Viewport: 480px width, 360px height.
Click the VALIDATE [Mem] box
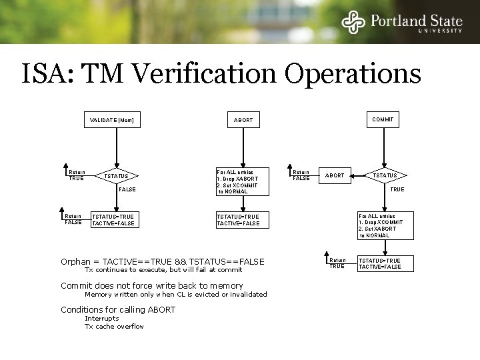(x=111, y=121)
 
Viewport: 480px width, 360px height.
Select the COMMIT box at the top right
(x=383, y=120)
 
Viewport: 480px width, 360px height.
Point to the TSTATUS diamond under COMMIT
(x=383, y=175)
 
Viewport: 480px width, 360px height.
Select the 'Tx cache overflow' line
(x=113, y=326)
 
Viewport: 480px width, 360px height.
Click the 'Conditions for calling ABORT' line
(x=118, y=309)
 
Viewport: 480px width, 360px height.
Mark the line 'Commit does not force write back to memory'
(x=151, y=285)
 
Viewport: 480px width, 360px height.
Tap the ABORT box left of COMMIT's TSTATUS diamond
(x=334, y=176)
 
